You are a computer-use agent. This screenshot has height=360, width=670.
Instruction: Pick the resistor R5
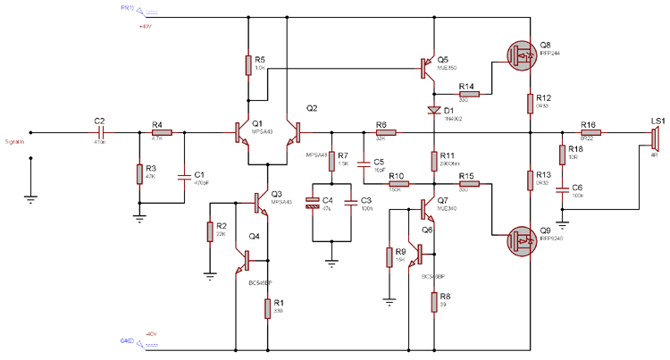pos(248,64)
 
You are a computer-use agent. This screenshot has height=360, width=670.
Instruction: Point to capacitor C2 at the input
pos(99,132)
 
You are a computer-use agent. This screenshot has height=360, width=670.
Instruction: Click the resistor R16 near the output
pos(589,132)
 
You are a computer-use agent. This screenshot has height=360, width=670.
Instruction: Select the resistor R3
pos(139,172)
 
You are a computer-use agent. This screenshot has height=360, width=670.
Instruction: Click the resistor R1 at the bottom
pos(267,308)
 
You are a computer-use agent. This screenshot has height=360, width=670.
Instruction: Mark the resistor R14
pos(469,93)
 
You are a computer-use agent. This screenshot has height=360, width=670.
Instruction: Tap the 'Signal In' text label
pos(16,140)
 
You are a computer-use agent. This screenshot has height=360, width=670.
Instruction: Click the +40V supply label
pos(147,27)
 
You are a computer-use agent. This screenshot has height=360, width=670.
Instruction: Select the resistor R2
pos(209,231)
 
